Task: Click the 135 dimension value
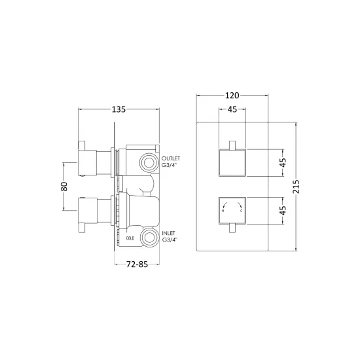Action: click(118, 109)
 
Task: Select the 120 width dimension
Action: click(232, 96)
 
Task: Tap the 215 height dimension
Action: click(296, 187)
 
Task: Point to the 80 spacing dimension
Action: click(64, 187)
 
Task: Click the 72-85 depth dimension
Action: click(137, 264)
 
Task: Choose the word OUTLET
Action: click(171, 158)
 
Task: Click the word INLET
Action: click(168, 233)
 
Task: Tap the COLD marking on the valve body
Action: click(130, 238)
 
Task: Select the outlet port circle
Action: click(149, 163)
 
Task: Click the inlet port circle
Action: click(149, 238)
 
